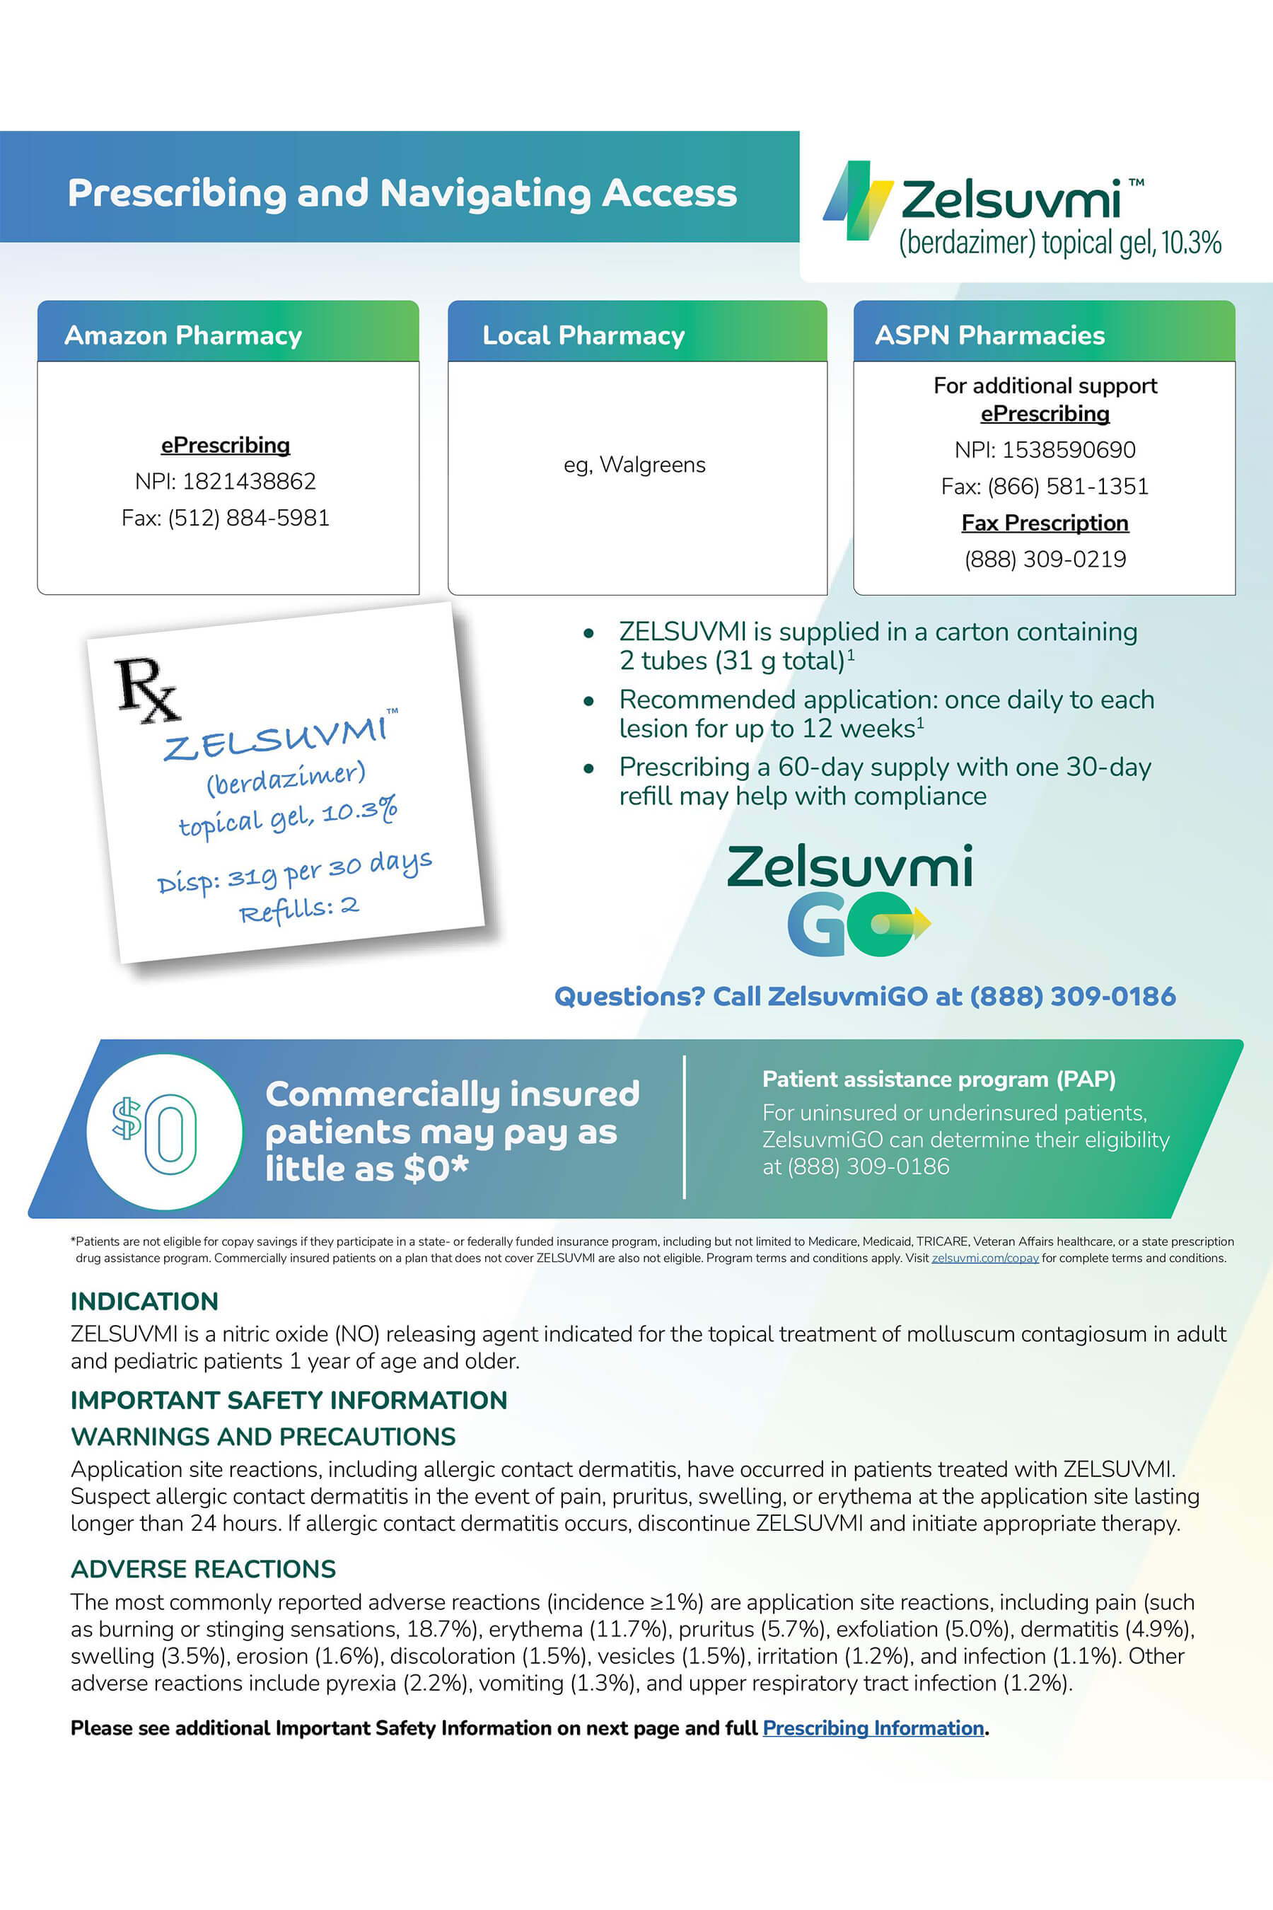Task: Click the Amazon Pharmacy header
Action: pyautogui.click(x=182, y=335)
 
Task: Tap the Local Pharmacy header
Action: pyautogui.click(x=583, y=335)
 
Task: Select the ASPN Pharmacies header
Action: pyautogui.click(x=989, y=335)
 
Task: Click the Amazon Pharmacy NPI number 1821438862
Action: pyautogui.click(x=248, y=482)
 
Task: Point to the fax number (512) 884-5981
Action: pyautogui.click(x=248, y=518)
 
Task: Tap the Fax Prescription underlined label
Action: pyautogui.click(x=1045, y=523)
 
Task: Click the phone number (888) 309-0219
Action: pyautogui.click(x=1045, y=560)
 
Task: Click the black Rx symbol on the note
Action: pyautogui.click(x=146, y=690)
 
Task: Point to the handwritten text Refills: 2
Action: pyautogui.click(x=298, y=910)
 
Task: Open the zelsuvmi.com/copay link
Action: pyautogui.click(x=984, y=1258)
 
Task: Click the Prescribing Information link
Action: pyautogui.click(x=873, y=1728)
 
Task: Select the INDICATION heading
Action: pyautogui.click(x=144, y=1302)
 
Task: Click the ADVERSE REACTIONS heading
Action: pyautogui.click(x=203, y=1569)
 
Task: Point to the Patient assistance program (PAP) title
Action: pyautogui.click(x=938, y=1080)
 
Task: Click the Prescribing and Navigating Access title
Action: pyautogui.click(x=402, y=193)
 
